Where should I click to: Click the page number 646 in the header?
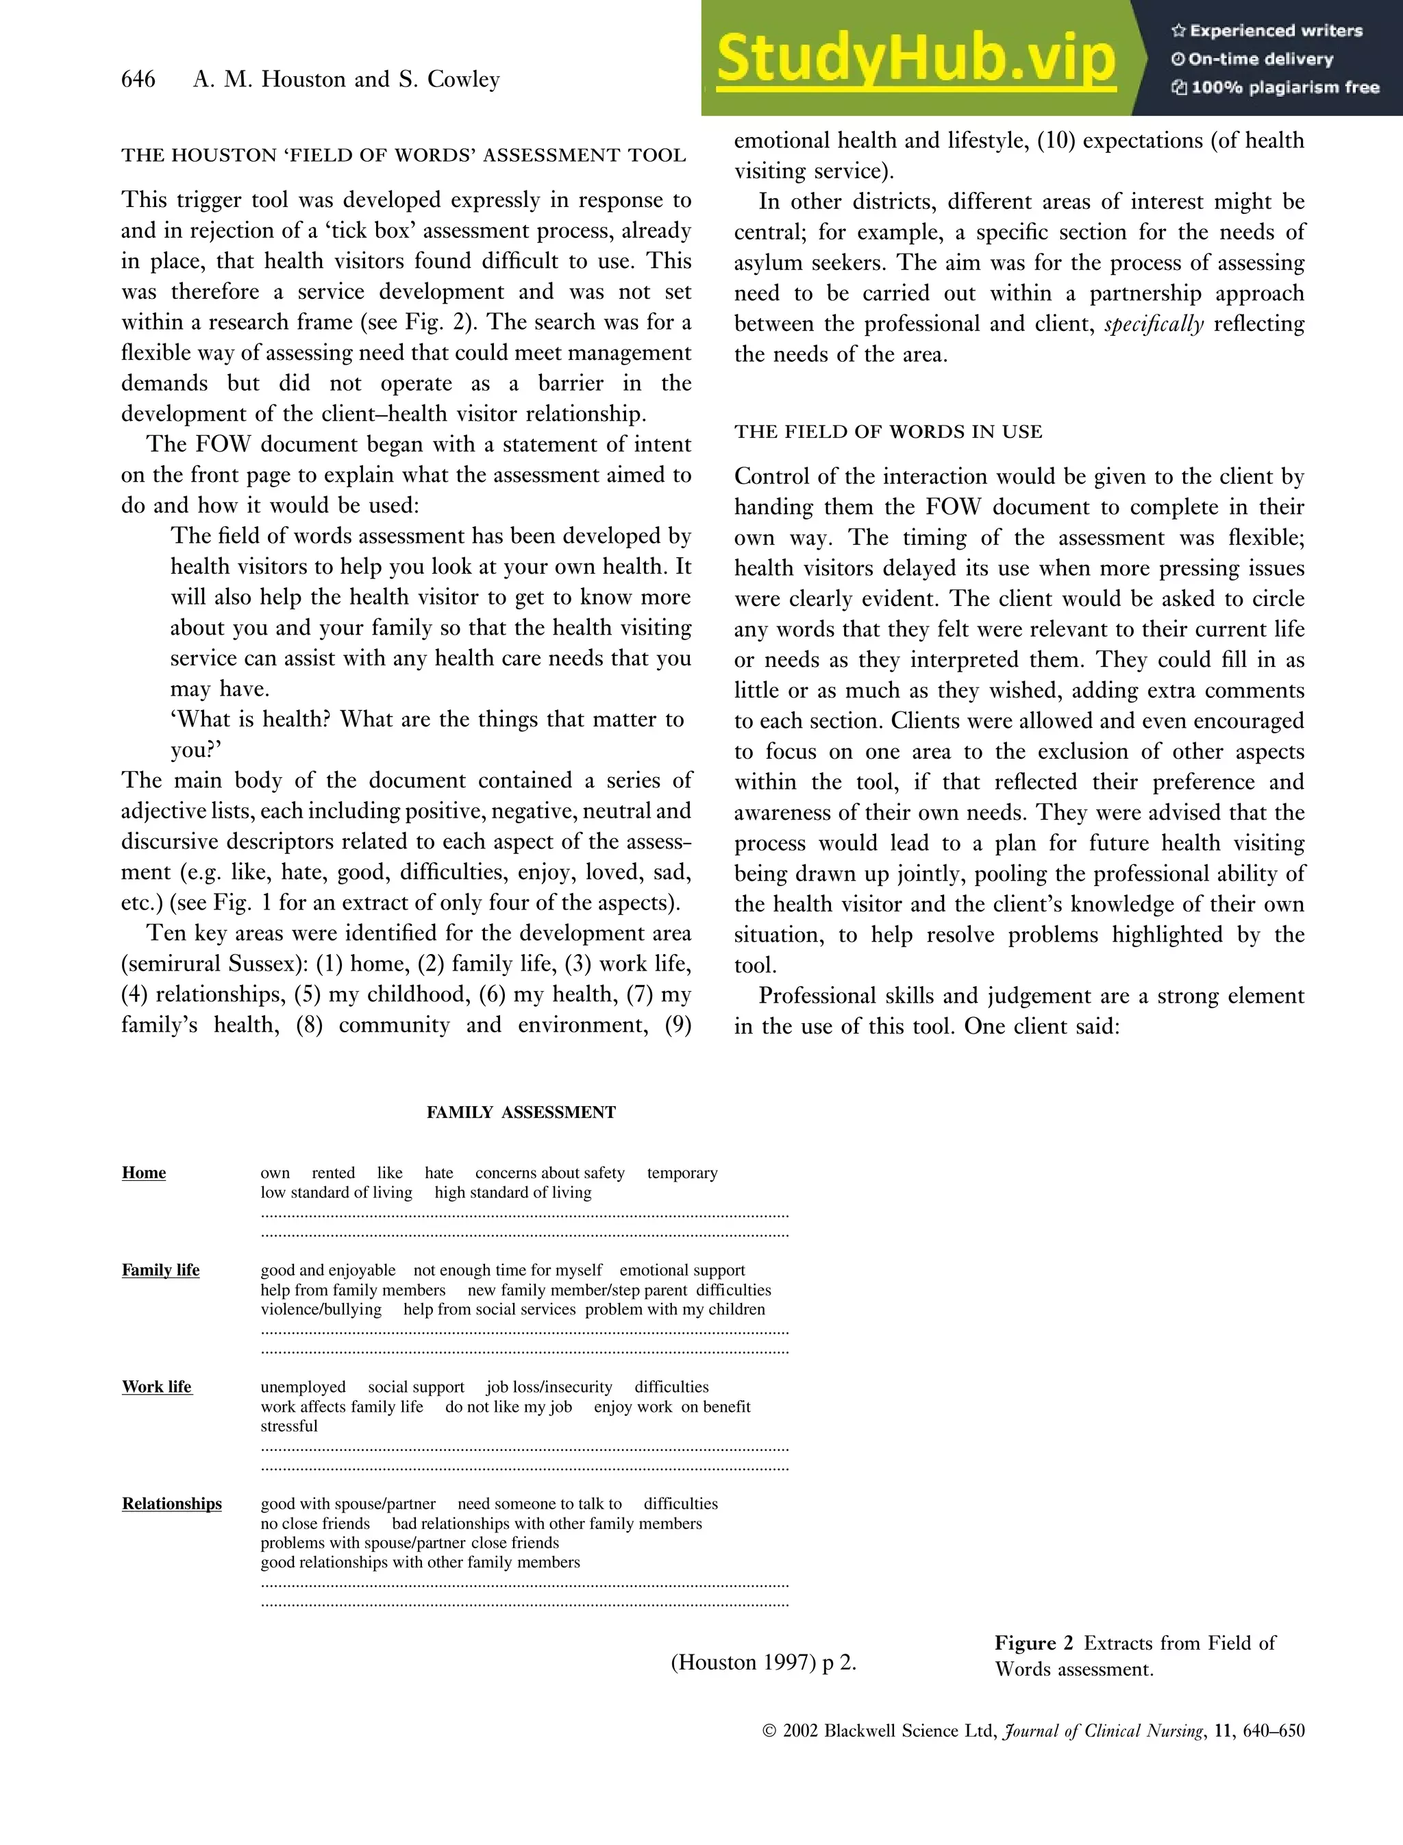[x=138, y=80]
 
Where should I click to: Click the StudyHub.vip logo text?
[x=915, y=58]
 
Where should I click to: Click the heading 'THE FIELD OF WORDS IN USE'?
[x=888, y=432]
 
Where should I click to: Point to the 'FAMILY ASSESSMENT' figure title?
[x=521, y=1112]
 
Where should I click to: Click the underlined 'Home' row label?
[x=144, y=1173]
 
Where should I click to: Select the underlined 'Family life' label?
[x=160, y=1270]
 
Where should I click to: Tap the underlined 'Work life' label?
[x=157, y=1387]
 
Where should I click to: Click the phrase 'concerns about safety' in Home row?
[x=549, y=1173]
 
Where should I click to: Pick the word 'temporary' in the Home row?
[x=682, y=1173]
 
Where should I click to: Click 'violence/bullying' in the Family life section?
[x=321, y=1309]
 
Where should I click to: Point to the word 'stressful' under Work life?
[x=289, y=1426]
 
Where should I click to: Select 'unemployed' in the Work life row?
[x=302, y=1387]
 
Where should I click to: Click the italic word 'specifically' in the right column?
[x=1154, y=324]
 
